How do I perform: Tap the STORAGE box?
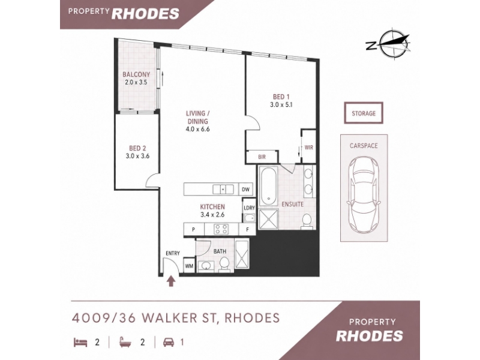[364, 113]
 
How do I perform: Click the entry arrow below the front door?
[171, 281]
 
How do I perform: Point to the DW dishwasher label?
[245, 190]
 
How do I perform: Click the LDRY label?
[249, 208]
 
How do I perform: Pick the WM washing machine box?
[189, 266]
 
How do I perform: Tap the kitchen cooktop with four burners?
[221, 229]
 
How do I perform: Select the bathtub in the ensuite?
[268, 186]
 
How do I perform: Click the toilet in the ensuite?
[307, 221]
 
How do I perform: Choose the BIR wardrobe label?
[262, 157]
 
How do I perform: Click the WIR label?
[309, 148]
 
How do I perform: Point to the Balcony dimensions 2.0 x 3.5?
[136, 82]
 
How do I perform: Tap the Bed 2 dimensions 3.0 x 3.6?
[137, 156]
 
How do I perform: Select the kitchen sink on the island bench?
[223, 189]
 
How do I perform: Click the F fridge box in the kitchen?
[247, 229]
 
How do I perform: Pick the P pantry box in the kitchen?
[194, 229]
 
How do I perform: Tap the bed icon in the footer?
[80, 342]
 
